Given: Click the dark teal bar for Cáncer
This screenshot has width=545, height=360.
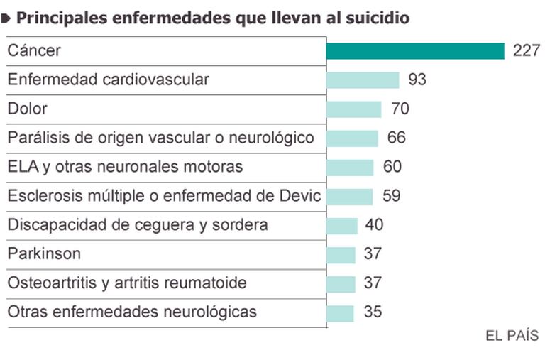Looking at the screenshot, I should coord(415,50).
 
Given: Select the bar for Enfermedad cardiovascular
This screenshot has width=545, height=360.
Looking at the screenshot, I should coord(363,80).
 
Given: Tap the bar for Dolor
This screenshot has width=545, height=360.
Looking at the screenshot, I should coord(354,109).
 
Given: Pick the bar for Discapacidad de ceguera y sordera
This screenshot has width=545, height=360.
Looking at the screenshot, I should coord(342,225).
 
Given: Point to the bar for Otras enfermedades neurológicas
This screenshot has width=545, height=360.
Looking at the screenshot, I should coord(340,312).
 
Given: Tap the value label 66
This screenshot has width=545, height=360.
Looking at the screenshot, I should coord(397,138).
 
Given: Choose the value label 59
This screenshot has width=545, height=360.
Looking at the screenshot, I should coord(391,196).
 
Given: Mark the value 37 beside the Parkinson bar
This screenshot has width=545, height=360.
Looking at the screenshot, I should coord(373,254).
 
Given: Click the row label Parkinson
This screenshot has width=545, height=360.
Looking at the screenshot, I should coord(44,254).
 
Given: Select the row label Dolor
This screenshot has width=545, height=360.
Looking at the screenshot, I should coord(27,109).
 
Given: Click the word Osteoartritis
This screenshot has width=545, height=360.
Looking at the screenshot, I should coord(51,283).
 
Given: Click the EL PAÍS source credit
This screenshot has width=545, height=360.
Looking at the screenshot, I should coord(512,336).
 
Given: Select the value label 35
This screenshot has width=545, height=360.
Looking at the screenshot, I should coord(372,312).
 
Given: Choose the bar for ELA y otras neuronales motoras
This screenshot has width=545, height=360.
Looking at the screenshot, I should coord(350,167).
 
